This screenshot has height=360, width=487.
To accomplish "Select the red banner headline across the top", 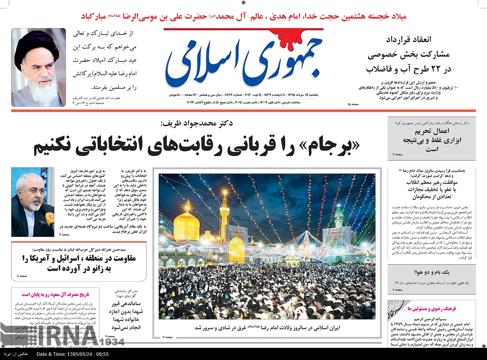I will (243, 17).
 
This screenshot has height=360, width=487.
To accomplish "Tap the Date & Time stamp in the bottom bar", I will (73, 354).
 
